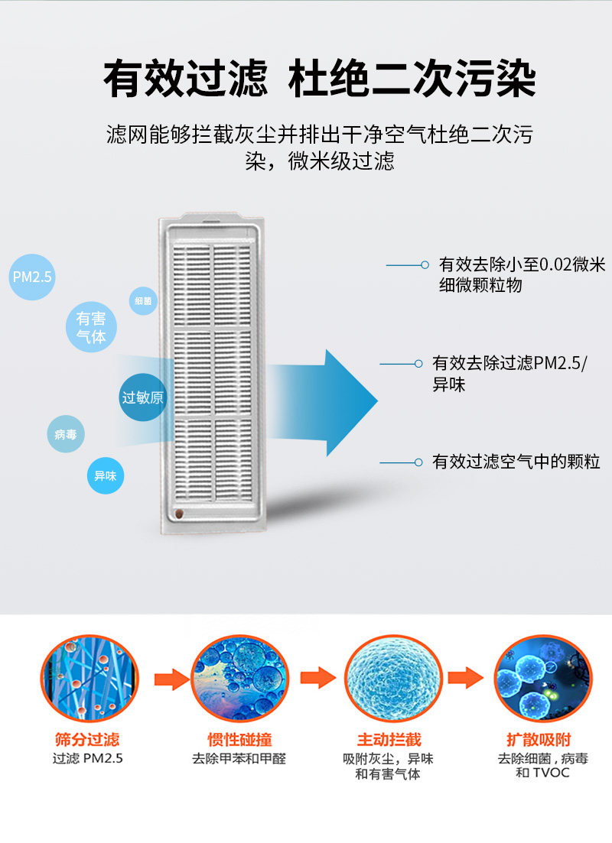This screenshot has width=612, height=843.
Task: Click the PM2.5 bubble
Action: [33, 277]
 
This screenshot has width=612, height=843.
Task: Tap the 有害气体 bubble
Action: [91, 327]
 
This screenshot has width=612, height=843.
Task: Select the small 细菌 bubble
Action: [143, 301]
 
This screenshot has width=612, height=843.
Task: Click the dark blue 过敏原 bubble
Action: [143, 397]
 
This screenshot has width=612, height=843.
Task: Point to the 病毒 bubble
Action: [66, 434]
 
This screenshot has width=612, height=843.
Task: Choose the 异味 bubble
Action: [105, 475]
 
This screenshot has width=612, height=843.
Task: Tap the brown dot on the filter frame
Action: [179, 514]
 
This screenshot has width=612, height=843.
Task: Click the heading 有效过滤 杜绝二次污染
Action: [320, 79]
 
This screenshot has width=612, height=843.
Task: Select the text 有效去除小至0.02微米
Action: [522, 265]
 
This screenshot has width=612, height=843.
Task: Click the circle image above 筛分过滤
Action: [90, 679]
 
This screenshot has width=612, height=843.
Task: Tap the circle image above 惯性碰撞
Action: [239, 679]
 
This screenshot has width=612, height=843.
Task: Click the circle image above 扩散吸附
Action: [542, 679]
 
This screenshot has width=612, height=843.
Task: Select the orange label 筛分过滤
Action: [87, 739]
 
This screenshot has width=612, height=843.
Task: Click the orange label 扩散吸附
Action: [539, 739]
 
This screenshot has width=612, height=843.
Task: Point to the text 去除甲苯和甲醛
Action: [239, 760]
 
